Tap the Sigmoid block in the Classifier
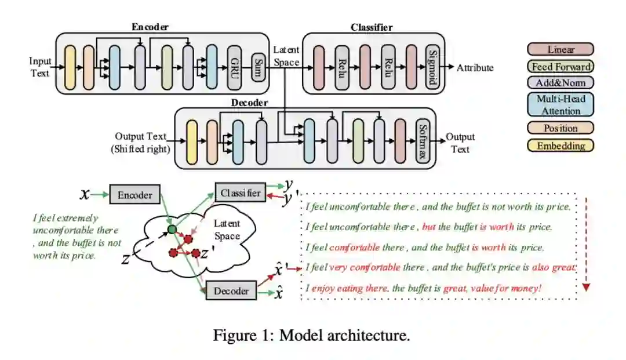431,67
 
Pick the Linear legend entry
561,49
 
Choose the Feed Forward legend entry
561,66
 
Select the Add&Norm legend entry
561,82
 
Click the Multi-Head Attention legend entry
561,104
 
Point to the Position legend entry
561,128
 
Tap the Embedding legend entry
561,146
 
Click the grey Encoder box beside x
134,195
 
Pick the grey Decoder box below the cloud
231,291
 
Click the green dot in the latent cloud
172,230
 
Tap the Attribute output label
475,68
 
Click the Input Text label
41,67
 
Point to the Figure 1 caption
312,335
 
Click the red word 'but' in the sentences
429,227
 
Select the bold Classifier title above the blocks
372,27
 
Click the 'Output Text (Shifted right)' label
140,143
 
